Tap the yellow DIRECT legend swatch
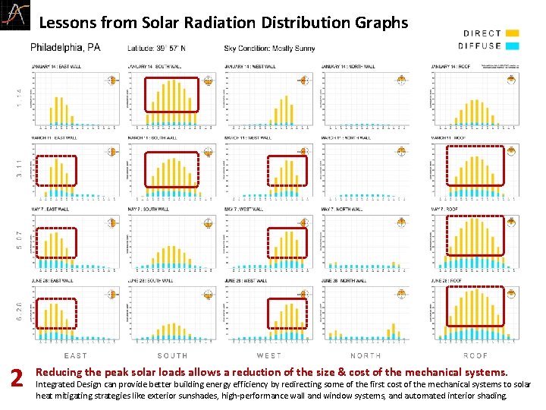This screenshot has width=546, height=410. point(513,33)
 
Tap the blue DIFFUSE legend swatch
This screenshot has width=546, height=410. point(513,46)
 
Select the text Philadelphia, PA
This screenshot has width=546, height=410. point(65,48)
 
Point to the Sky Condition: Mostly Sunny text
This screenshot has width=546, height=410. point(269,49)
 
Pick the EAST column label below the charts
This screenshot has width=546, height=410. point(75,355)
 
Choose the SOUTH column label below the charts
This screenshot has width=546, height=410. point(172,355)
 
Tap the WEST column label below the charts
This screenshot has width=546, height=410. point(268,355)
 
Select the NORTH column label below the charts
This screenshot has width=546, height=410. point(366,355)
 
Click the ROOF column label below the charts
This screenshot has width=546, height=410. point(475,355)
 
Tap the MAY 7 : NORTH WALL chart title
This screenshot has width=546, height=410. point(348,209)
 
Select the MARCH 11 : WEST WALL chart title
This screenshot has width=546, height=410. point(251,137)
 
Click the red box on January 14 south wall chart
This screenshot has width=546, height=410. point(171,95)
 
